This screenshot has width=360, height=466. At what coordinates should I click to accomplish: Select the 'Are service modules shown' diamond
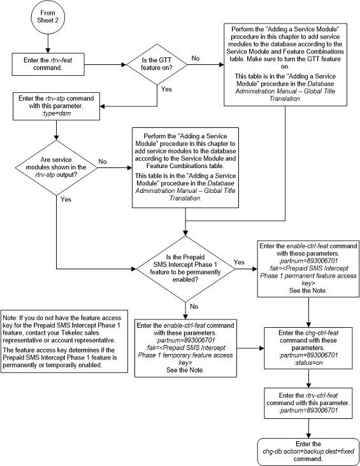click(57, 167)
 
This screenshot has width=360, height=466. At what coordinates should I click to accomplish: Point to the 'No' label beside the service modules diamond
click(103, 161)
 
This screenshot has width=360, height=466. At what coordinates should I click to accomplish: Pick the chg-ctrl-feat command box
click(308, 348)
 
